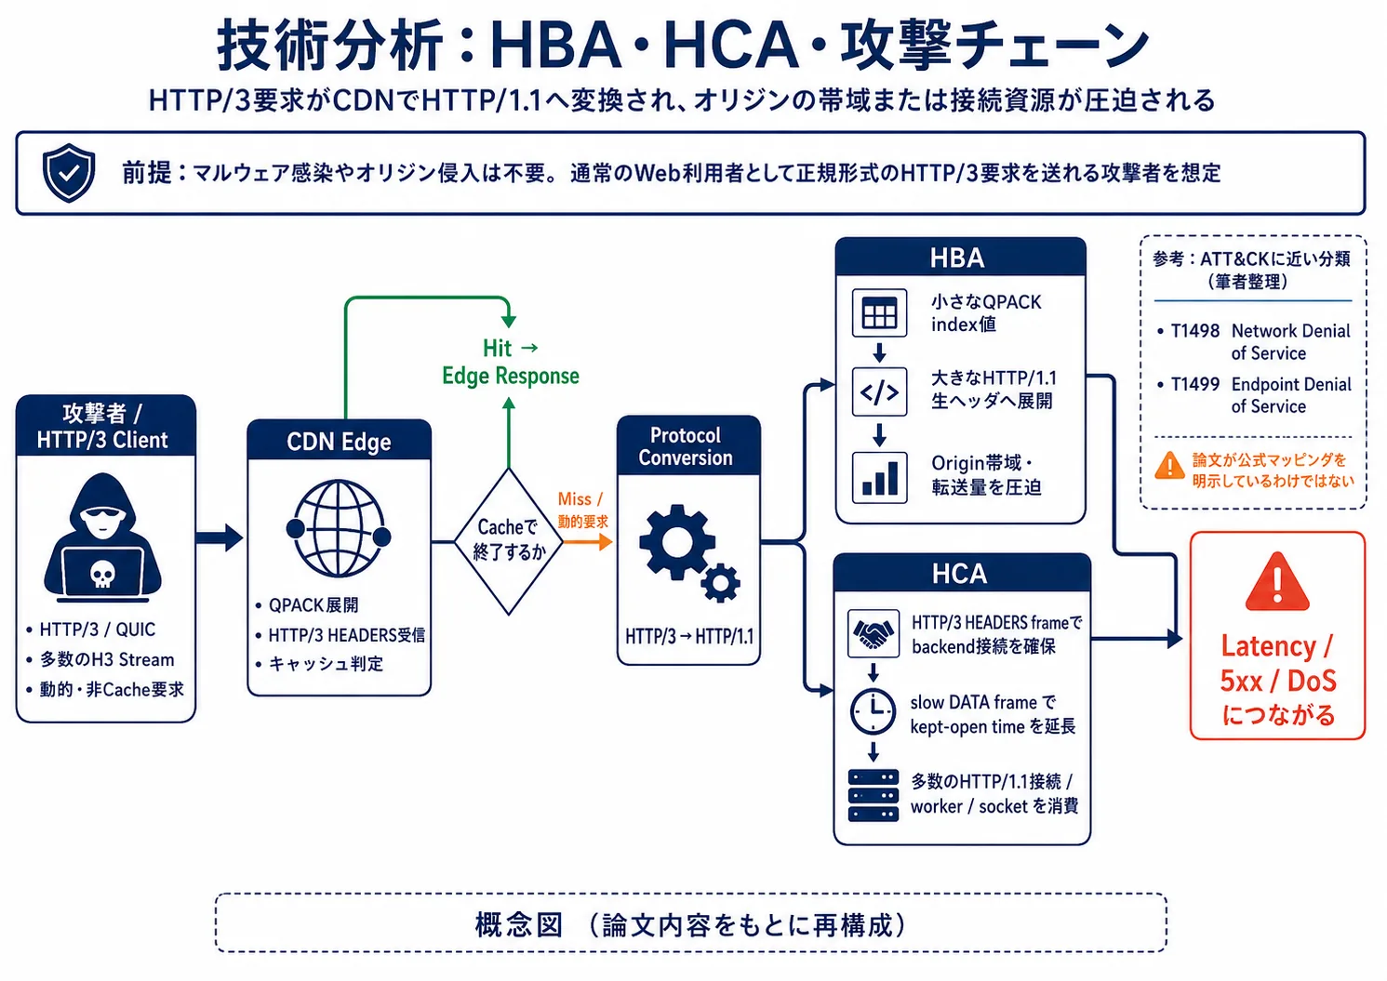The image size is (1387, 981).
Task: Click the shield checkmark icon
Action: coord(69,173)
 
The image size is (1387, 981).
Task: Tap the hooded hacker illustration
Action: coord(102,537)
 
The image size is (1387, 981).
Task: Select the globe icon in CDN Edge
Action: coord(339,528)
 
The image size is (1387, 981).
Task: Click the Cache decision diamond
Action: coord(508,541)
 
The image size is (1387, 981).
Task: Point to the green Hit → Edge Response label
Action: coord(510,362)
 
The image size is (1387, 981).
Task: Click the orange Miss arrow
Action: coord(588,542)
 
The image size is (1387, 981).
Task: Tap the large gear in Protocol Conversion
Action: coord(677,543)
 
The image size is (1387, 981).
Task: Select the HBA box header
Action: coord(960,258)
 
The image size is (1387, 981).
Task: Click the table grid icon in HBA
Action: coord(879,313)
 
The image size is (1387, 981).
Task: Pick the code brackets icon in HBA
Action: coord(879,391)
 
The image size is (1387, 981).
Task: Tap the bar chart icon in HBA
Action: coord(879,478)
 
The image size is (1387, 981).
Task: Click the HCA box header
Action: coord(962,573)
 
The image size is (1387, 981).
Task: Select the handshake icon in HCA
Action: coord(874,633)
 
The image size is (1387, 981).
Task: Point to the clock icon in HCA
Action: coord(874,711)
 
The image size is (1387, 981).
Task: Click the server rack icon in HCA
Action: coord(874,795)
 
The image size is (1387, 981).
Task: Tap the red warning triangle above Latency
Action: coord(1277,582)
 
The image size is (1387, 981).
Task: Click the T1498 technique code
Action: coord(1195,331)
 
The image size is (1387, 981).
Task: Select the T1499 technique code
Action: coord(1195,384)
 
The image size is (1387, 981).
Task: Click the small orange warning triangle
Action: coord(1169,466)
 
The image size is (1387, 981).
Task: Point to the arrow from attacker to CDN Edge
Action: coord(220,537)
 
